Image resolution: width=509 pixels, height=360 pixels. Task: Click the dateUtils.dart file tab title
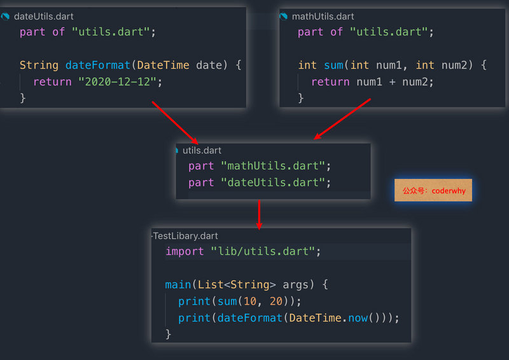click(43, 17)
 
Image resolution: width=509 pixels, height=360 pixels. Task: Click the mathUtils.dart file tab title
click(323, 17)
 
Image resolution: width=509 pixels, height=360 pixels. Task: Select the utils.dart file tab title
click(202, 150)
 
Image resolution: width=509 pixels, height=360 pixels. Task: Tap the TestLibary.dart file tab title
click(185, 236)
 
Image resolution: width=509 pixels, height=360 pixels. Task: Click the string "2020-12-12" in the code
click(117, 82)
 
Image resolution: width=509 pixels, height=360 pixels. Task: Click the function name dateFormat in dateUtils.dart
click(98, 65)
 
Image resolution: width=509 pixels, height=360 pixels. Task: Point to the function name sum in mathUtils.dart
click(333, 65)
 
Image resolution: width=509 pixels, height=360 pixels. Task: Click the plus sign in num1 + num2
click(392, 82)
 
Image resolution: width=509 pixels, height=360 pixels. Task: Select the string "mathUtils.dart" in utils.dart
click(273, 166)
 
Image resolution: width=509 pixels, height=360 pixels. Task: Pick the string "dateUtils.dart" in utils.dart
click(273, 183)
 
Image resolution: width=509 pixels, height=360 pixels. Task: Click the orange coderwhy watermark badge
click(433, 190)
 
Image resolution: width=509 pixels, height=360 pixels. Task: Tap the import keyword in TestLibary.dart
click(185, 252)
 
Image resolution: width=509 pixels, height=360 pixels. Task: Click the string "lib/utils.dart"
click(263, 251)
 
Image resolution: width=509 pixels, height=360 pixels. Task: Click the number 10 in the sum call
click(250, 301)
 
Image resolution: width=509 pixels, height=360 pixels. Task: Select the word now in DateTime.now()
click(358, 318)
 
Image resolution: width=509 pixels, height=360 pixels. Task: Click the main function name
click(178, 285)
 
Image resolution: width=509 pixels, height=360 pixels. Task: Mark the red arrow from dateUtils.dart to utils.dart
click(175, 123)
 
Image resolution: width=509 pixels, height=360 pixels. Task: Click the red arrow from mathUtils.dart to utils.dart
click(342, 119)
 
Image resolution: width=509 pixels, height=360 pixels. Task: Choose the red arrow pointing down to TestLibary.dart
click(259, 215)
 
